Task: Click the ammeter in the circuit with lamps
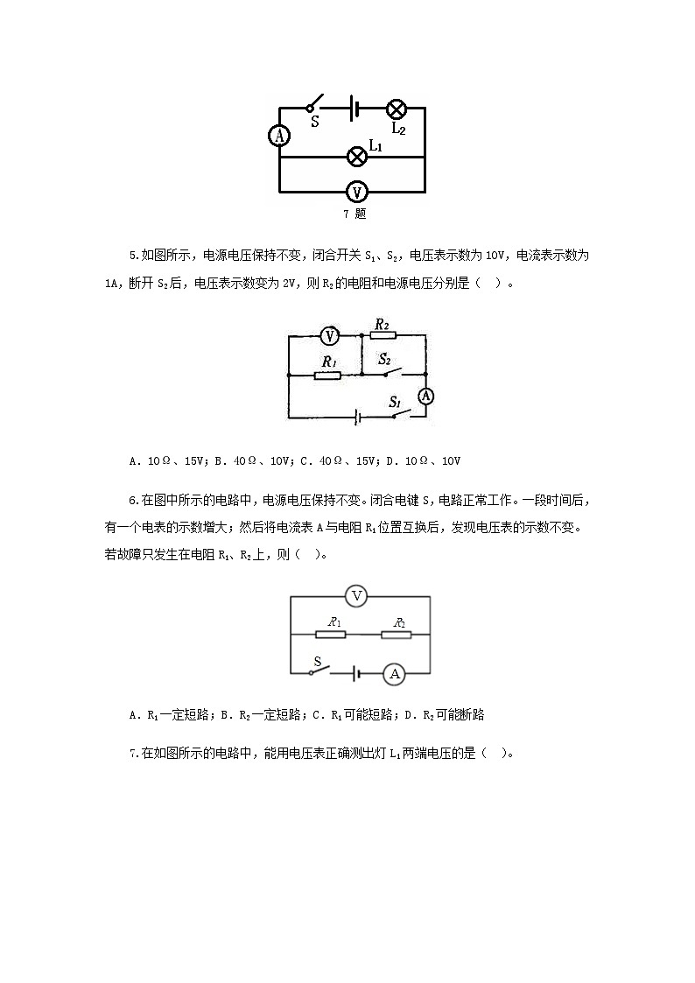click(x=278, y=136)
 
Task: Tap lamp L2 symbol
click(x=397, y=109)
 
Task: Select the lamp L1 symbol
click(x=357, y=157)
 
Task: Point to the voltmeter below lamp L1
click(x=356, y=192)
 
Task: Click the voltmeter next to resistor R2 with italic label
click(x=329, y=335)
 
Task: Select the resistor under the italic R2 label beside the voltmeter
click(x=382, y=335)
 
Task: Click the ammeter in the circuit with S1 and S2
click(x=425, y=397)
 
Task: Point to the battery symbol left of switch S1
click(x=357, y=418)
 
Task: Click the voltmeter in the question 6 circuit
click(x=355, y=596)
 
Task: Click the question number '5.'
click(x=134, y=256)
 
